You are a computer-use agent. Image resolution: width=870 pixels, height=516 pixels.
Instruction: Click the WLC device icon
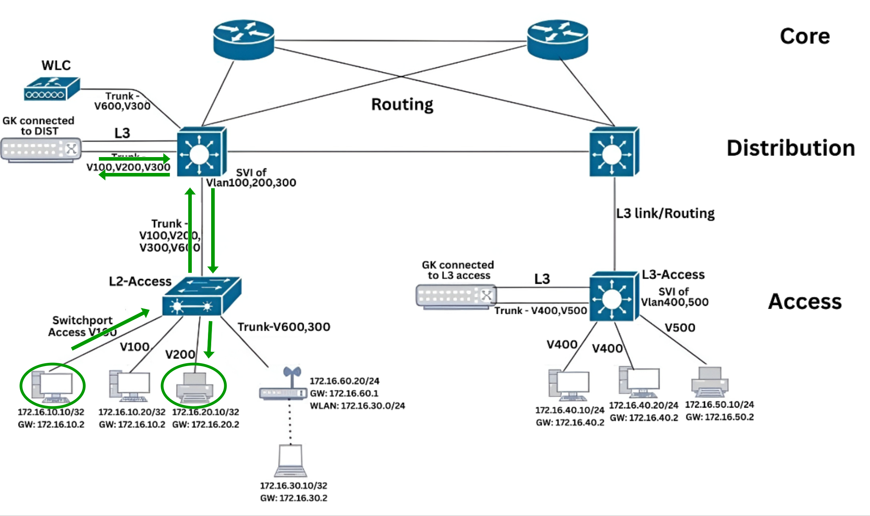pos(52,89)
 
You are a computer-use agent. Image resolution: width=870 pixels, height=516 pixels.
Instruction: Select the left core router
pos(244,40)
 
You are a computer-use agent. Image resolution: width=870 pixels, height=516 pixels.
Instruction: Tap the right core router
pos(558,40)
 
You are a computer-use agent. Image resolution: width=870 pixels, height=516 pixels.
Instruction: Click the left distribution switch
pos(201,152)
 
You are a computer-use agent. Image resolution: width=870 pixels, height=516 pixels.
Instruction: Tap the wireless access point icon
pos(284,386)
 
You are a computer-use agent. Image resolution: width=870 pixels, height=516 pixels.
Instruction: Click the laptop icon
pos(291,461)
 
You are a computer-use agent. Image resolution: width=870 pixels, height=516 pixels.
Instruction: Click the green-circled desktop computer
pos(53,385)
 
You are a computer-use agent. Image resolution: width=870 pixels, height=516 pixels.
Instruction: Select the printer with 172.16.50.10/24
pos(710,382)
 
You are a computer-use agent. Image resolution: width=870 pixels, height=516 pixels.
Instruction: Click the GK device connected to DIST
pos(41,150)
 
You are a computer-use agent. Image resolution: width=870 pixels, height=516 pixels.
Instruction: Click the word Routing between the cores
pos(402,104)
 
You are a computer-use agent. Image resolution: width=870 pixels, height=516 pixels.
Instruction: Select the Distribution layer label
pos(791,148)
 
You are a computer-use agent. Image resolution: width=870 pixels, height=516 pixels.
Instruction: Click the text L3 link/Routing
pos(665,213)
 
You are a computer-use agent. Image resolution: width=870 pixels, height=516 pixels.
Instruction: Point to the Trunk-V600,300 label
pos(284,327)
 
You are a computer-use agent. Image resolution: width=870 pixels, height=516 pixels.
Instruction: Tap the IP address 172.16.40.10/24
pos(569,410)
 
